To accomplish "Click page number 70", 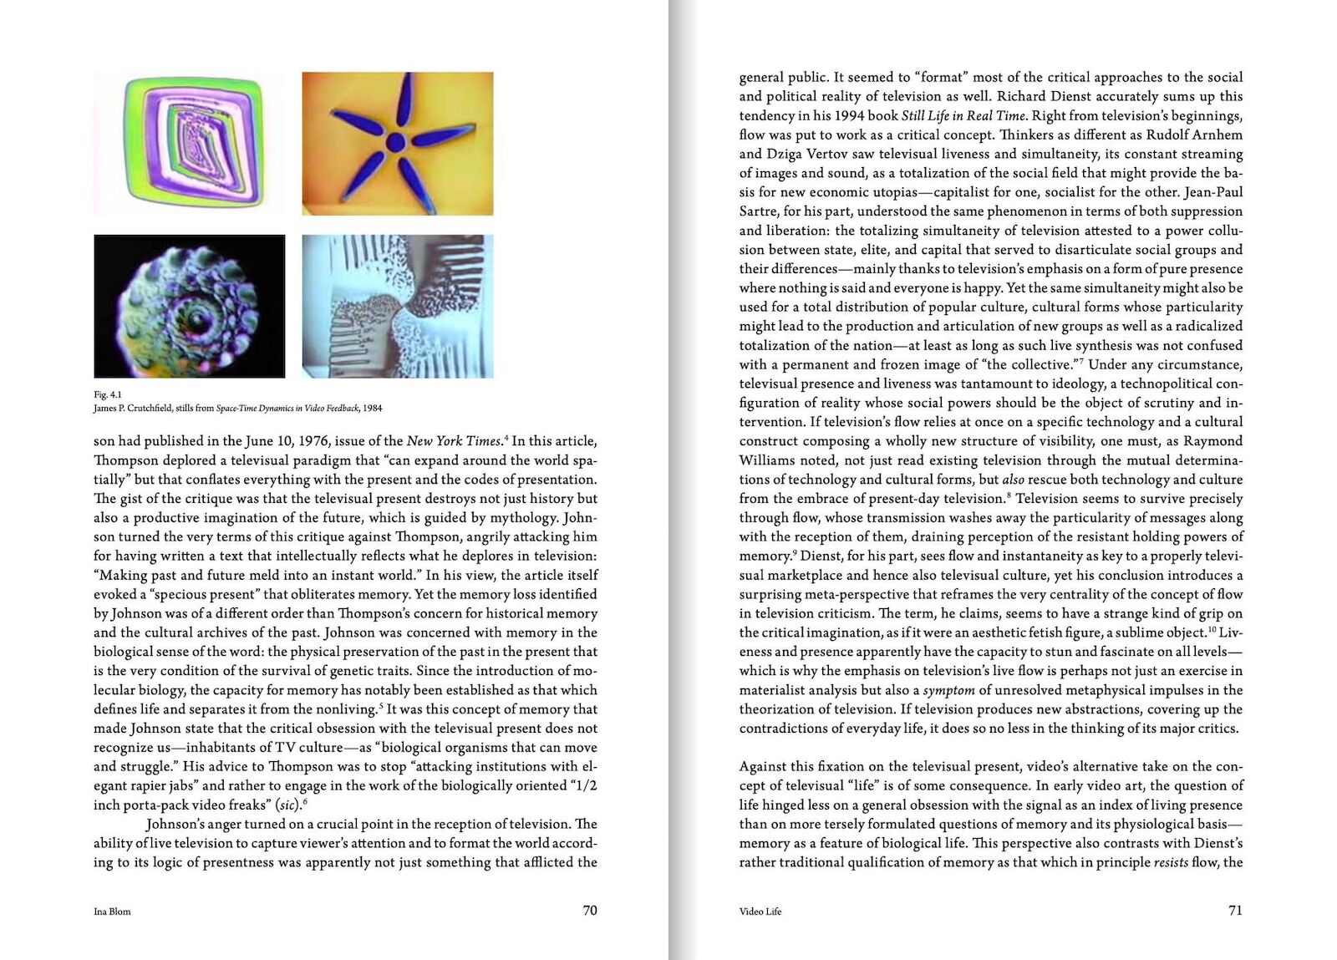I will pyautogui.click(x=590, y=910).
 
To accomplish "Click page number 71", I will pyautogui.click(x=1235, y=910).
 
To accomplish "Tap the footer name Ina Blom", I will pyautogui.click(x=112, y=912).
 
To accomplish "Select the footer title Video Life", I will pyautogui.click(x=760, y=912).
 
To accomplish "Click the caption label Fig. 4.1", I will pyautogui.click(x=108, y=394).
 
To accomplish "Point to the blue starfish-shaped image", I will pyautogui.click(x=398, y=144).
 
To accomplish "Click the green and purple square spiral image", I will pyautogui.click(x=190, y=144).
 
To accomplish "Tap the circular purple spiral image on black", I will pyautogui.click(x=190, y=307).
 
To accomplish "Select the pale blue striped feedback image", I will pyautogui.click(x=398, y=307).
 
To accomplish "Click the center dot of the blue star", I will pyautogui.click(x=396, y=143).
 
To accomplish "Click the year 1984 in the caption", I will pyautogui.click(x=372, y=409).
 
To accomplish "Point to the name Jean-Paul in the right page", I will pyautogui.click(x=1213, y=192).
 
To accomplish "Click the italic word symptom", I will pyautogui.click(x=948, y=690).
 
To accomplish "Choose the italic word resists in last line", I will pyautogui.click(x=1171, y=862).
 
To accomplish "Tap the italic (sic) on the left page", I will pyautogui.click(x=288, y=805).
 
